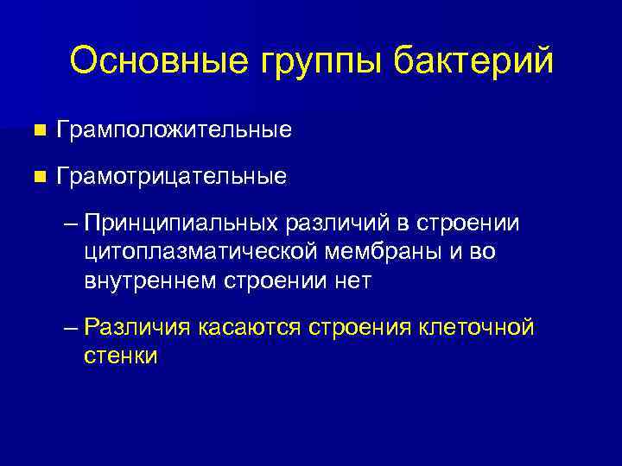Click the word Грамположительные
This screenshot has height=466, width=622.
[x=174, y=131]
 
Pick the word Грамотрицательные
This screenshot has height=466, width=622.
[x=171, y=177]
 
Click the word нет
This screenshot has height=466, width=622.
[x=357, y=280]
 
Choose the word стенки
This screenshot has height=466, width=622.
[x=121, y=356]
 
